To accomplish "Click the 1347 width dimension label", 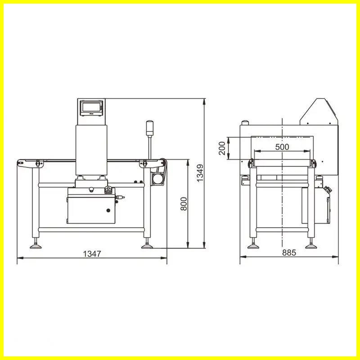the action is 92,254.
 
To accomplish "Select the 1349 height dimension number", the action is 200,173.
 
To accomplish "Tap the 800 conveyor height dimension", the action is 184,204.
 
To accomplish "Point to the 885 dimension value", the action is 289,252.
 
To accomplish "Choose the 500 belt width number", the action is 282,147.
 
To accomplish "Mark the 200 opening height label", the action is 222,148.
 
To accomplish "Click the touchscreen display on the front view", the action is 91,108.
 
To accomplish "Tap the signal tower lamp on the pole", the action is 150,128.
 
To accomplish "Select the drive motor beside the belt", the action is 158,178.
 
